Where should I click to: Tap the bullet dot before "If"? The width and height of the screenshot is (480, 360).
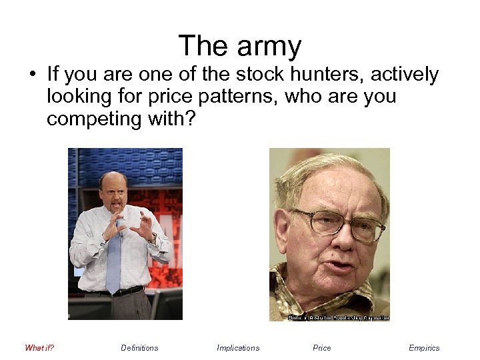[x=32, y=75]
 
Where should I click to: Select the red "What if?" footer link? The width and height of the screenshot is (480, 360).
[x=39, y=347]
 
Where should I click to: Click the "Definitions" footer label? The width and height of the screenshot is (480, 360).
[x=139, y=347]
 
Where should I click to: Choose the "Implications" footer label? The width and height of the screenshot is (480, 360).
[x=238, y=347]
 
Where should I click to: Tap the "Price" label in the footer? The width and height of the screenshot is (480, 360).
[x=321, y=347]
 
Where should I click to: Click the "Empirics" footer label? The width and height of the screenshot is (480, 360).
[x=424, y=347]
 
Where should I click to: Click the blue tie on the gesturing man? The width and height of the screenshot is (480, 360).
[x=114, y=260]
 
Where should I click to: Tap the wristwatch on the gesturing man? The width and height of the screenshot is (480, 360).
[x=154, y=237]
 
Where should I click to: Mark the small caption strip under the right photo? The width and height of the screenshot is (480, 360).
[x=338, y=318]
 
